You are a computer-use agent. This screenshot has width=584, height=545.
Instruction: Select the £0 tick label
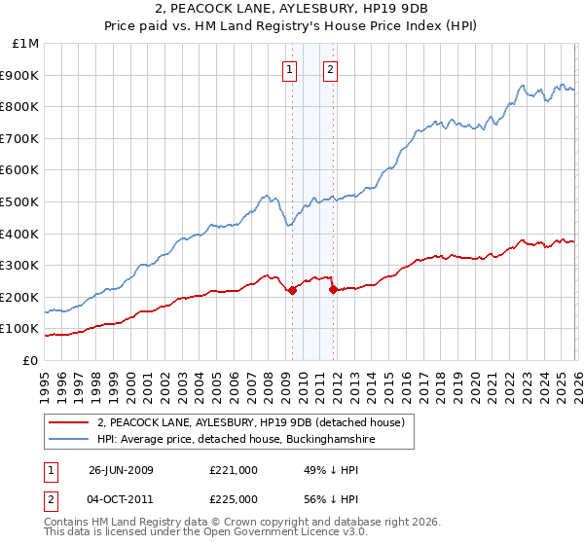[31, 360]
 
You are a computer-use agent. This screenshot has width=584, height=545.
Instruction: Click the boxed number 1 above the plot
[290, 69]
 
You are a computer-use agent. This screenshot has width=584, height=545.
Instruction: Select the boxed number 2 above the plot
[330, 69]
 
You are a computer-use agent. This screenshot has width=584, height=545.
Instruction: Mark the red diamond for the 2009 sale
[292, 290]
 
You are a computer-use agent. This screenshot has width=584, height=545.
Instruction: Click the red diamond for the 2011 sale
[333, 289]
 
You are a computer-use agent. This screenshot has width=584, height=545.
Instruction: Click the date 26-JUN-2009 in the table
[121, 470]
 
